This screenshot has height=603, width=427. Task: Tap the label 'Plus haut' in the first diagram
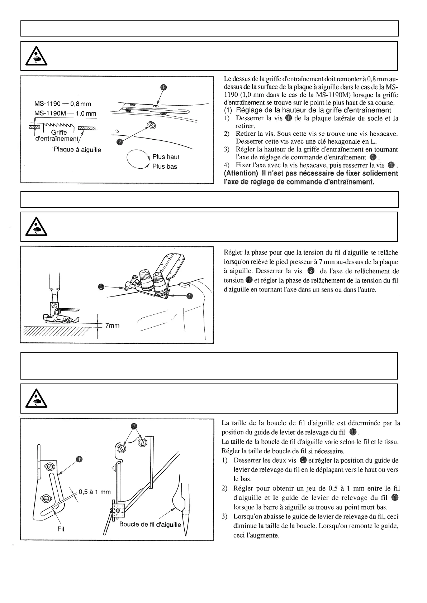(166, 157)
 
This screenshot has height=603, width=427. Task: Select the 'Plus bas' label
(165, 167)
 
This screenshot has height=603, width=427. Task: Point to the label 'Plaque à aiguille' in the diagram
(77, 150)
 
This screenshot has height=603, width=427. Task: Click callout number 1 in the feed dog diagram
(163, 87)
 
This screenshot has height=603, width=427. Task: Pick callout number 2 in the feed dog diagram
(120, 142)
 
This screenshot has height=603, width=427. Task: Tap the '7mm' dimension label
(112, 325)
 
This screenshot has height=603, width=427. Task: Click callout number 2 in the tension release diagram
(101, 287)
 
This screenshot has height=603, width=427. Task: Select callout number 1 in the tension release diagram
(189, 296)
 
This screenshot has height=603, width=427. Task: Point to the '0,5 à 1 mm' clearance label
(95, 492)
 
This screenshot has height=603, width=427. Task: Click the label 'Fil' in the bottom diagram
(61, 529)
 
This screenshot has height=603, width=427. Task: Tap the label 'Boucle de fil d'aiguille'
(150, 525)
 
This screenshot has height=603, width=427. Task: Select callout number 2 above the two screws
(134, 426)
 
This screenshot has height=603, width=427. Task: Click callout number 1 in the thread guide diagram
(79, 459)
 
